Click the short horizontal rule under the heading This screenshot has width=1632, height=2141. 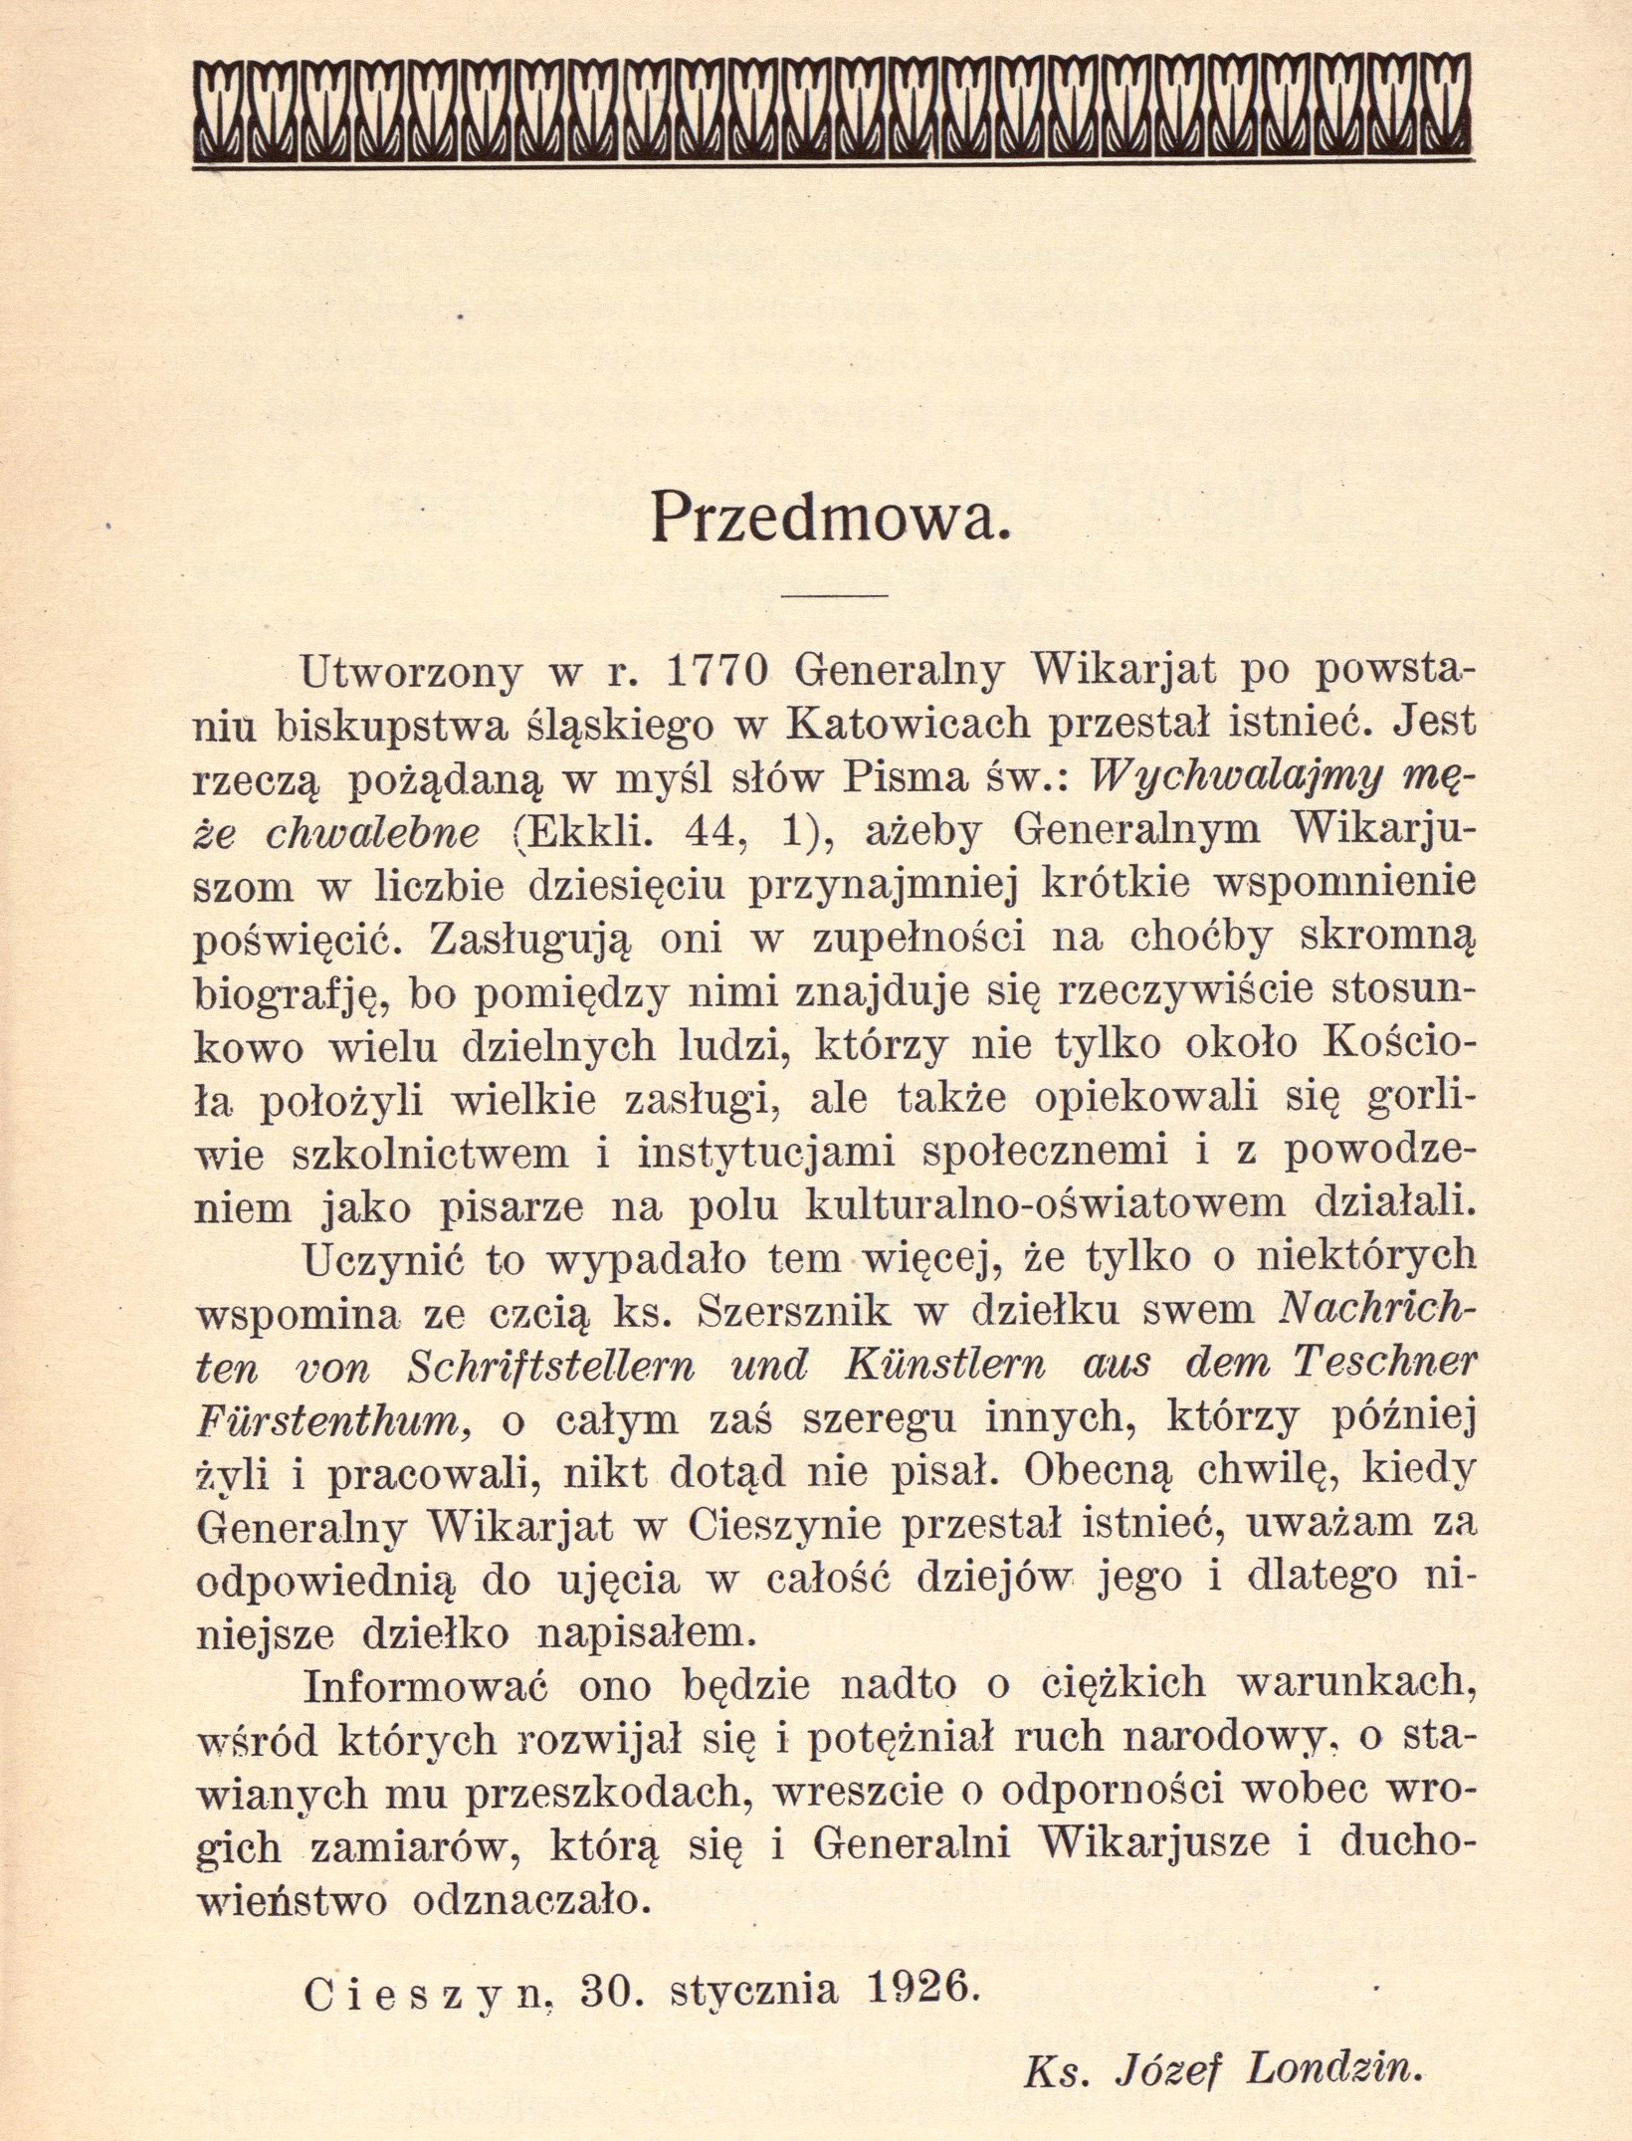tap(834, 596)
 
